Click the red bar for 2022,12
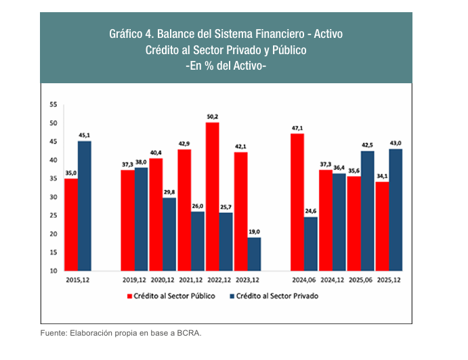212,196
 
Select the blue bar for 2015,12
85,206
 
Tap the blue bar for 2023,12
255,254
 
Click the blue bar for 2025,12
396,210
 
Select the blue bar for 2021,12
198,241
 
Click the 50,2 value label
212,116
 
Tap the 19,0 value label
255,231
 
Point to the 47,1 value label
297,128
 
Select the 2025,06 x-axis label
360,279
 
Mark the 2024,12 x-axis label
332,279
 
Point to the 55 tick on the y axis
53,105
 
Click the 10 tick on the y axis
53,271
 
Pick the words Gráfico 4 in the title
130,33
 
